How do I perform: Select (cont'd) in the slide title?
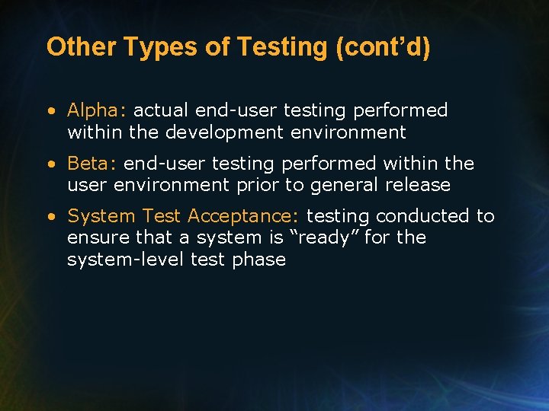tap(383, 47)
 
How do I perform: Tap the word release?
tap(422, 185)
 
